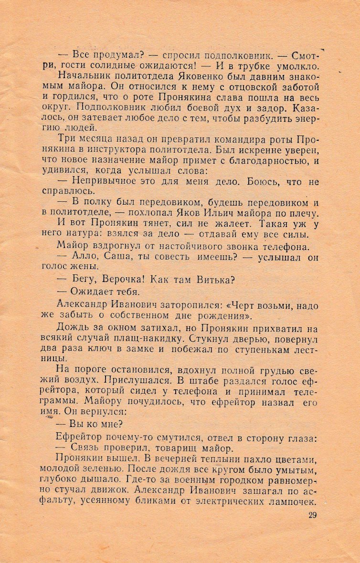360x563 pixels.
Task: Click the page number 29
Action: coord(312,515)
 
